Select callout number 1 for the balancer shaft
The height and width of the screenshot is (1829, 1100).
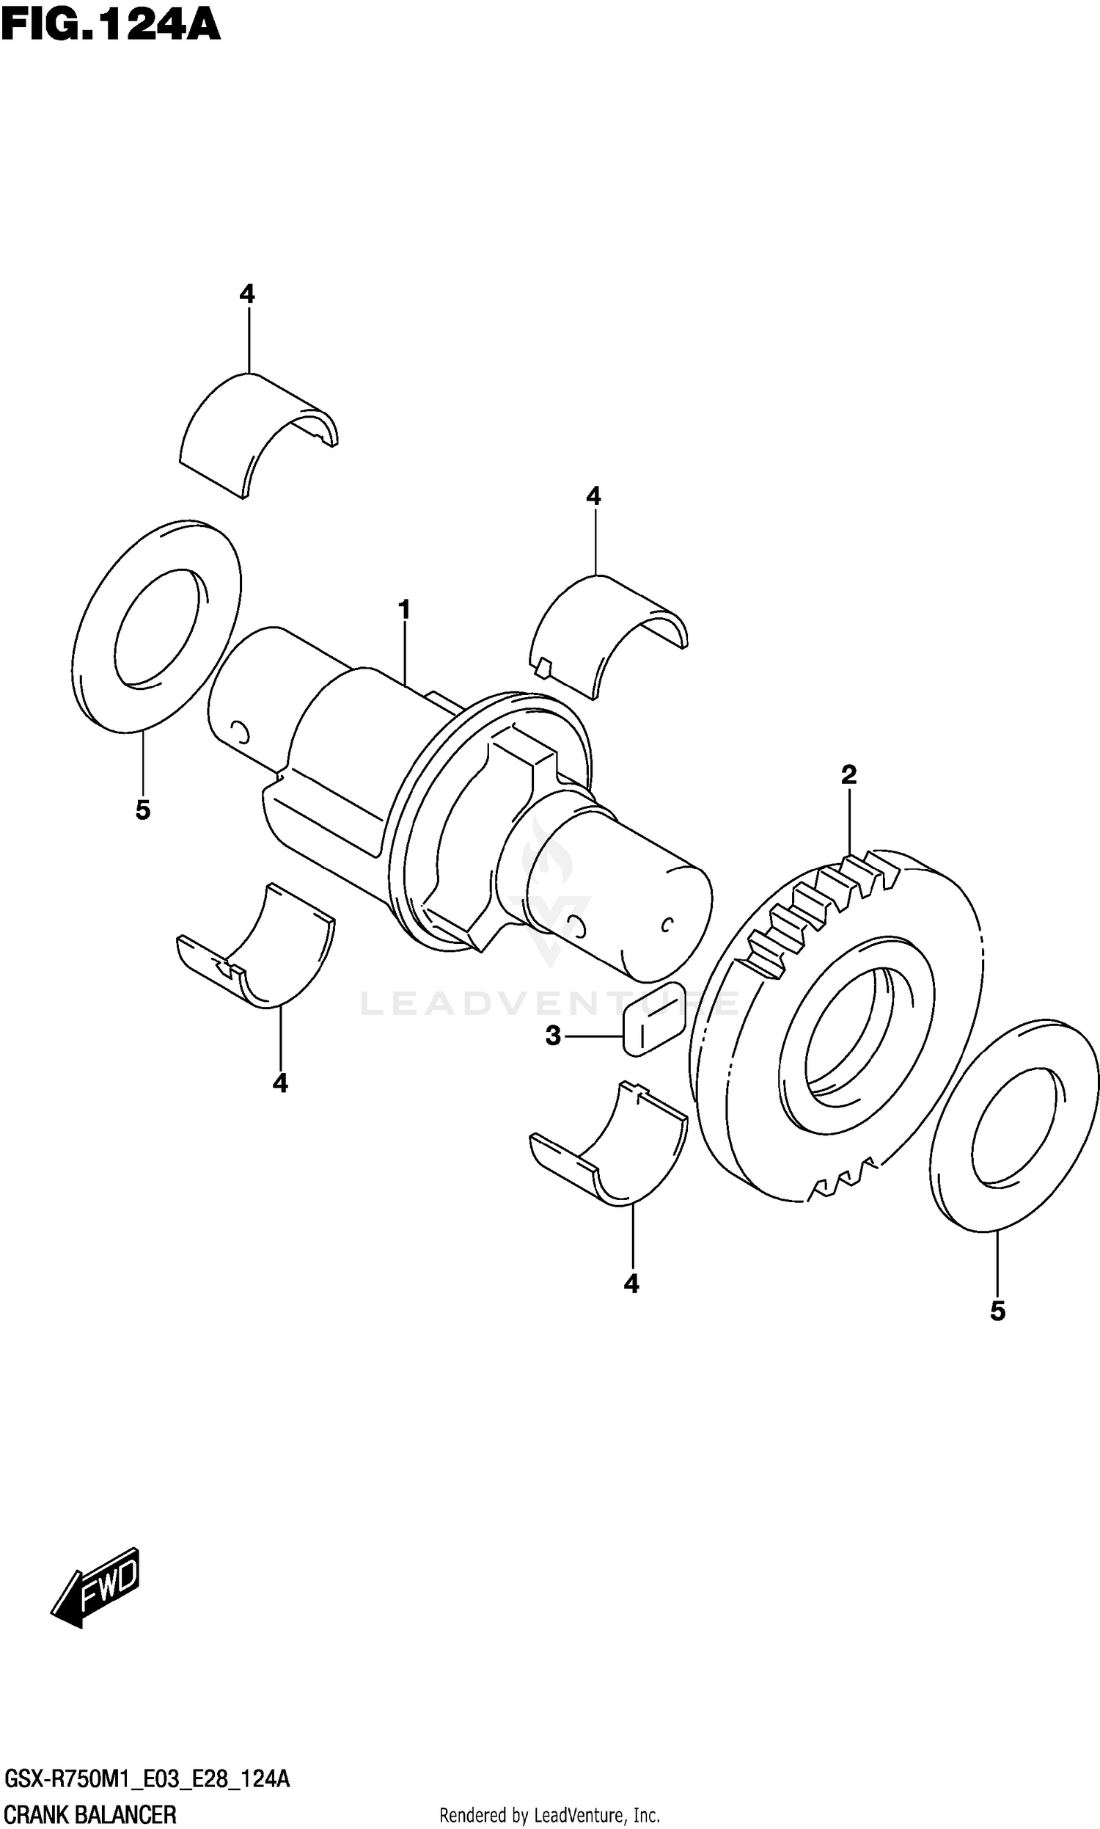(404, 610)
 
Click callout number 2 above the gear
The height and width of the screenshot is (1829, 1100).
(848, 774)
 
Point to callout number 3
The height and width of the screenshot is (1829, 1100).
(553, 1036)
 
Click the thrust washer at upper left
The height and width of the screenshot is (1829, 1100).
(157, 627)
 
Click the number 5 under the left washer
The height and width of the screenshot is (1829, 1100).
(143, 810)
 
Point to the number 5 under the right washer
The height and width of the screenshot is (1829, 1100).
(998, 1311)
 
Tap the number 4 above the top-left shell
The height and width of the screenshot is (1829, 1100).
(247, 294)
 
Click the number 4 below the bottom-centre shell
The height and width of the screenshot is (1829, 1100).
(631, 1282)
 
